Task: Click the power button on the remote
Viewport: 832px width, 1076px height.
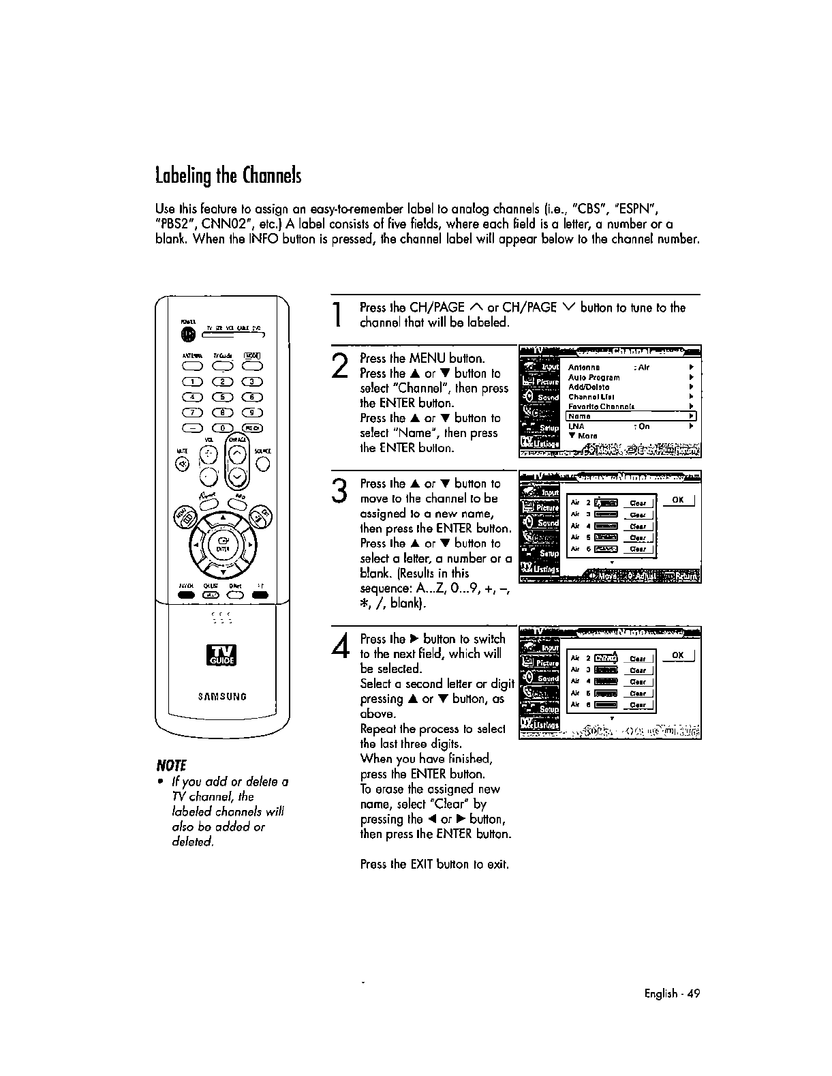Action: pos(189,334)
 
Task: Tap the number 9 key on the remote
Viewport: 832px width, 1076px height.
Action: pos(252,412)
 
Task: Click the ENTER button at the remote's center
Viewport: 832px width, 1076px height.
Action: pos(222,546)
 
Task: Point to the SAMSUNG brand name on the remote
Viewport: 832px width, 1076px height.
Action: pos(222,697)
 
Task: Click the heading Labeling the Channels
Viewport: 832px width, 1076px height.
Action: pos(228,175)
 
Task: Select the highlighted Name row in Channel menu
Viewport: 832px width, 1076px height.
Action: pos(631,416)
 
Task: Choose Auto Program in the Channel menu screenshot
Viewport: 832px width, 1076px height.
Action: pos(594,377)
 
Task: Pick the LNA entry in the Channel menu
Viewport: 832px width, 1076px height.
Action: pos(576,426)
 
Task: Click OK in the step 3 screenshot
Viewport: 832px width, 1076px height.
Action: pos(677,500)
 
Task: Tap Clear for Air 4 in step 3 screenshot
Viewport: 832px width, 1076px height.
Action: pos(638,526)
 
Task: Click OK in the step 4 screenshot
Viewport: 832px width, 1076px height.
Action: pos(677,655)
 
